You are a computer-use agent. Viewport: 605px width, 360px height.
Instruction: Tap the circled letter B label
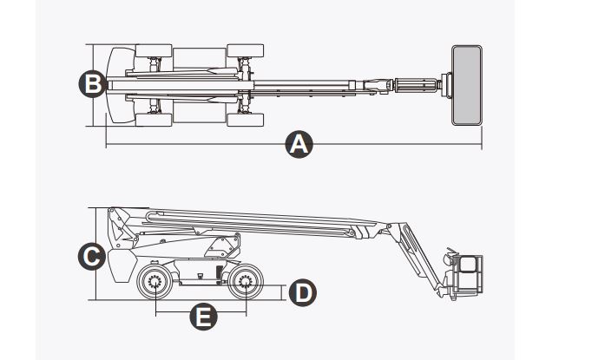(91, 84)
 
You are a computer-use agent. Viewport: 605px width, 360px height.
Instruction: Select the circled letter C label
(91, 256)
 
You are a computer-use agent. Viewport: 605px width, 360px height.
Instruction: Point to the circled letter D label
(301, 292)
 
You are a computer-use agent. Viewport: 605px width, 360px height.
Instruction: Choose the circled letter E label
(203, 317)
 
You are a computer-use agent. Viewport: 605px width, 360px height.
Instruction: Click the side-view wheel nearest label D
(244, 282)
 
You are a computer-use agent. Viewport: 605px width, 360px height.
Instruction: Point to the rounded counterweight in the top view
(116, 84)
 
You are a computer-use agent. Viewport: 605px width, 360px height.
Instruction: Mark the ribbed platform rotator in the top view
(419, 85)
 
